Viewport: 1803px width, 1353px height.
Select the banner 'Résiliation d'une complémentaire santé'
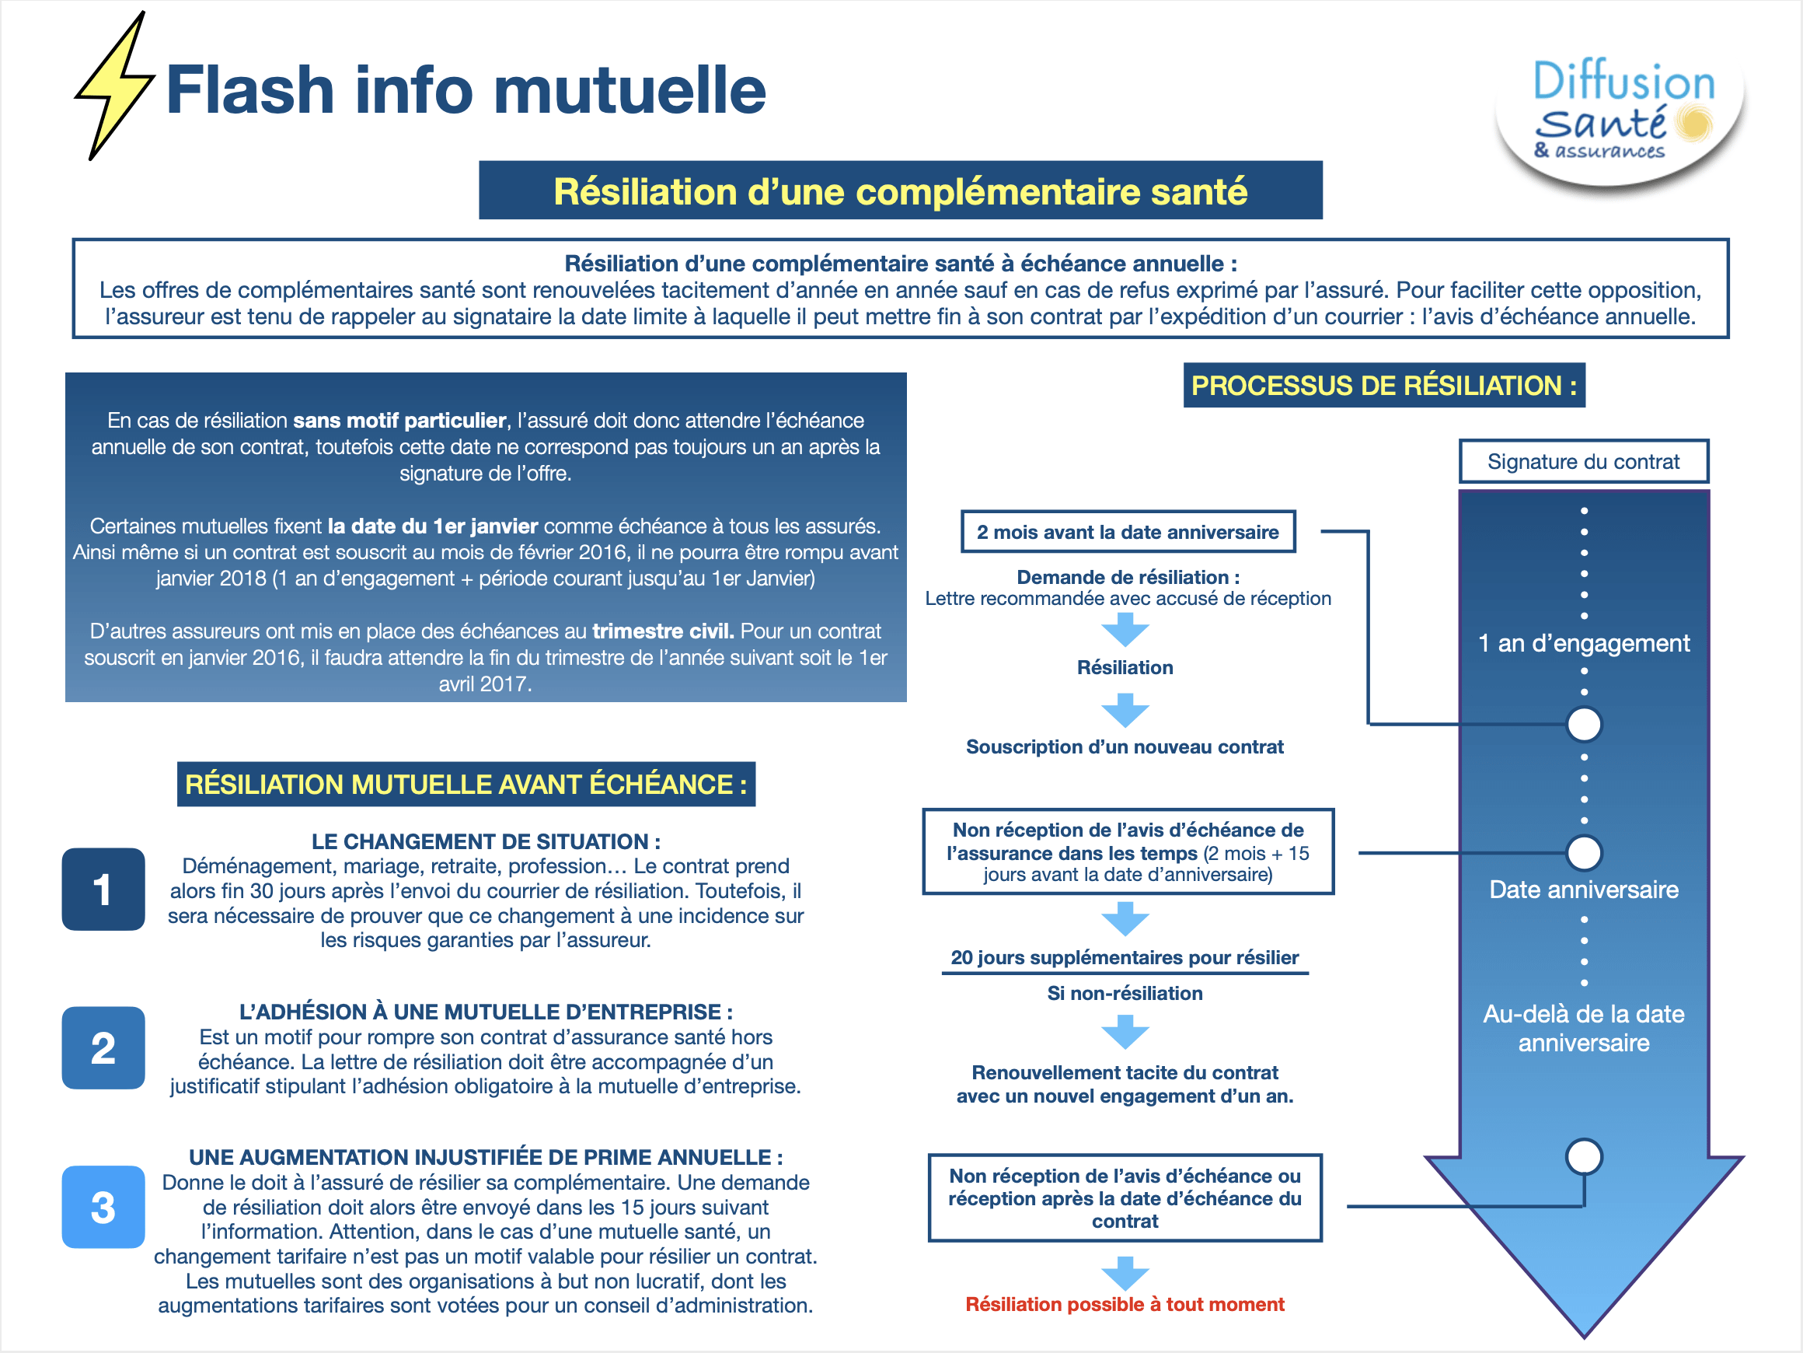click(900, 191)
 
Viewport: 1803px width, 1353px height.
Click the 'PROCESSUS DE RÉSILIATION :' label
click(1383, 385)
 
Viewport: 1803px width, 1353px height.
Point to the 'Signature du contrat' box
click(1583, 462)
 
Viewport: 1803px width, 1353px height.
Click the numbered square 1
click(103, 889)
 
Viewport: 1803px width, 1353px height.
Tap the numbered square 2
click(103, 1048)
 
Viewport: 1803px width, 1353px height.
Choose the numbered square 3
click(103, 1207)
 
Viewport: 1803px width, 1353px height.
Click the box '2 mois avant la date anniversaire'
click(1128, 532)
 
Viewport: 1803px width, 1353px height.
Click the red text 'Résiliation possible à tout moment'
click(1124, 1304)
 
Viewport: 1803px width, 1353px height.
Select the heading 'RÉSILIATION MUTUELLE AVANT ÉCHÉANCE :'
click(466, 784)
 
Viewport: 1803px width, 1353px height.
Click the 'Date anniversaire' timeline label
click(1583, 889)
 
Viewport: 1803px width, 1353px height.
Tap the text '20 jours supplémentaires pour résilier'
click(1124, 957)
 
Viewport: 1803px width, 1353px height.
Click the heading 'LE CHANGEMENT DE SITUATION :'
click(486, 841)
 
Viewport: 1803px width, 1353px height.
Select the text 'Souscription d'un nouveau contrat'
click(1124, 746)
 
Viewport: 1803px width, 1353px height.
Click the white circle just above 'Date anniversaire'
click(1584, 853)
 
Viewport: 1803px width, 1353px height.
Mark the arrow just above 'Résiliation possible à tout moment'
click(1125, 1272)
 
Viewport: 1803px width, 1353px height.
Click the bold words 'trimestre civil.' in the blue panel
click(663, 631)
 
